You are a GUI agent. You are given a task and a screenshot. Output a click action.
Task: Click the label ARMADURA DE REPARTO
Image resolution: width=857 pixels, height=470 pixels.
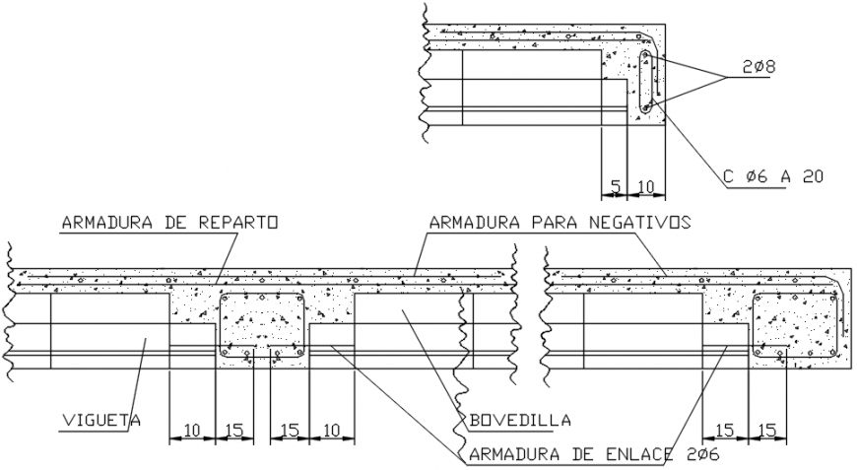pos(168,222)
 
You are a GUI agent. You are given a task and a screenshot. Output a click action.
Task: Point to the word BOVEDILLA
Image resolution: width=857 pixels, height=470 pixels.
pos(520,421)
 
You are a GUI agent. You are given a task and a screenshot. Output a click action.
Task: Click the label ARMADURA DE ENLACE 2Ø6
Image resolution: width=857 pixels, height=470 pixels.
pos(594,454)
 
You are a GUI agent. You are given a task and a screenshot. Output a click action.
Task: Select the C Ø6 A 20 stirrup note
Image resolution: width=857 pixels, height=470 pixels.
pos(772,176)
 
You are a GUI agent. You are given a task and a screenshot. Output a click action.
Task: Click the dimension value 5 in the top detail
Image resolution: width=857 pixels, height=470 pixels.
pos(615,184)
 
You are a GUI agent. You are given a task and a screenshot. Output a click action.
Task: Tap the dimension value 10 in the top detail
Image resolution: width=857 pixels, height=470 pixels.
pos(646,184)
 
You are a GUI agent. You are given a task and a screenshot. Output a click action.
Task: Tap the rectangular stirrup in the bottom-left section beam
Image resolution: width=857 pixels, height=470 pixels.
pos(262,324)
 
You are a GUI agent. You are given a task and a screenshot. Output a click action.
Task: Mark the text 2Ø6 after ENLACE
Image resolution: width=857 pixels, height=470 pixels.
pos(701,454)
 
